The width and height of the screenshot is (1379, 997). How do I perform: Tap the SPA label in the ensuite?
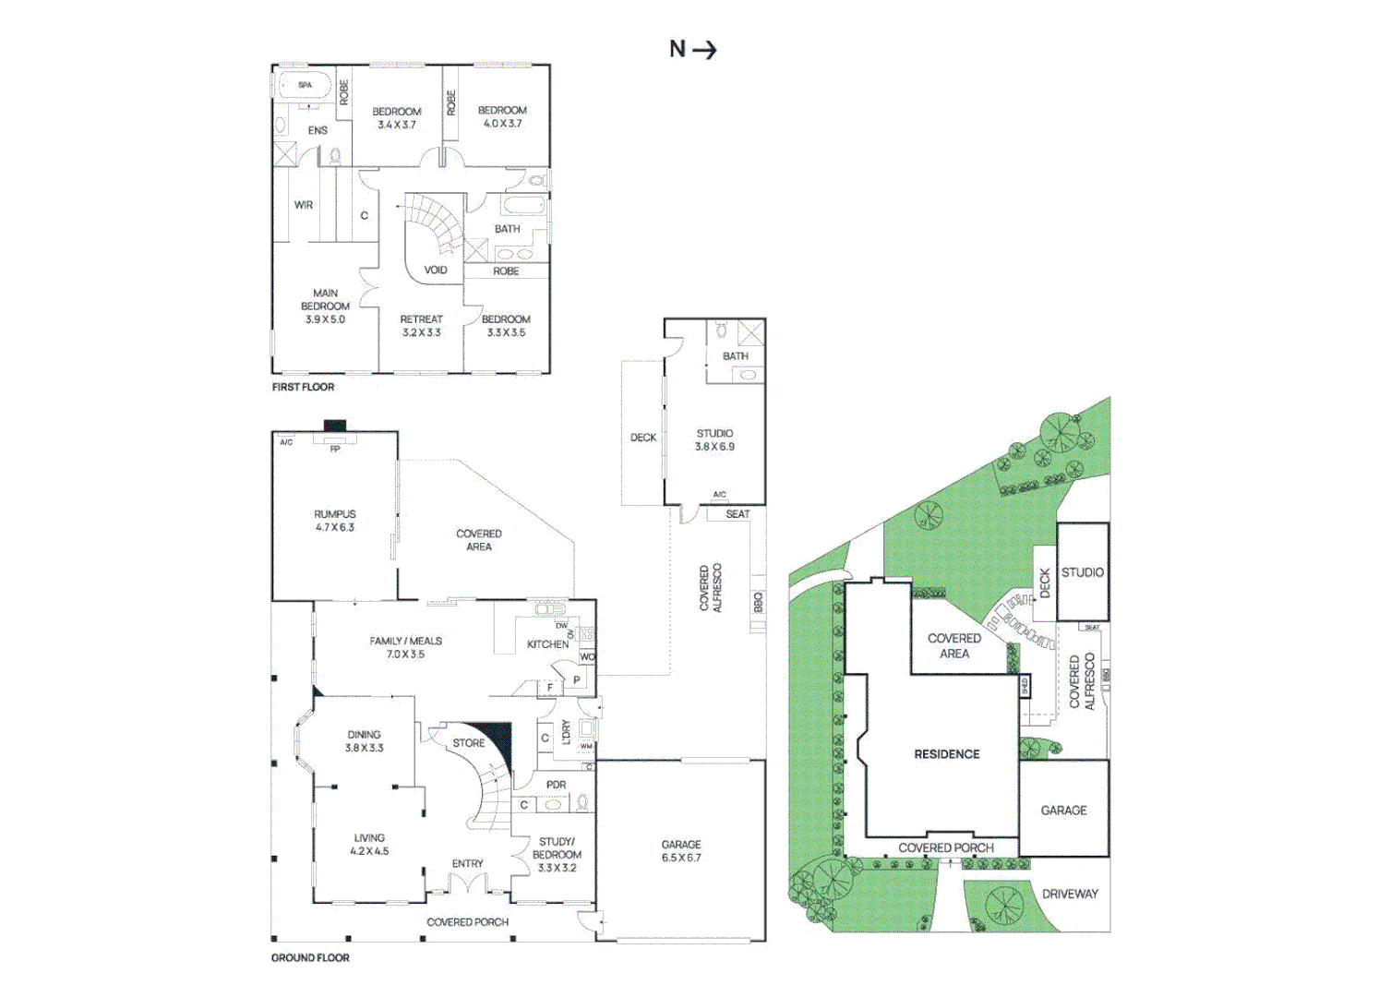pos(305,85)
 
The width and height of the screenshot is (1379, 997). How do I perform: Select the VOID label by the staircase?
pos(436,270)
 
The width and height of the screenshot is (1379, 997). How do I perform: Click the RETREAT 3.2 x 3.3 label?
pos(421,326)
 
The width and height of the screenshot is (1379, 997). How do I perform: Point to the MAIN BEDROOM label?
pos(325,306)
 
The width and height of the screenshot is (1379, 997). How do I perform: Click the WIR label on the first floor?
pos(303,205)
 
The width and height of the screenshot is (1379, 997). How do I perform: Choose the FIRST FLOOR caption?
pos(303,387)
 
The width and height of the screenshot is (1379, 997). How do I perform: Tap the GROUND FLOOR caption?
pos(310,958)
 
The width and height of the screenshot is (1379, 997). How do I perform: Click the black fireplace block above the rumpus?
pos(335,426)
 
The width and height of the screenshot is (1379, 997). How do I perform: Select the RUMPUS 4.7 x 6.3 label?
pos(334,521)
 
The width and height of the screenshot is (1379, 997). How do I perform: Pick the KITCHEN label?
pos(547,644)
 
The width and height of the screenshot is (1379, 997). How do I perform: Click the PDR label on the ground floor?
pos(556,785)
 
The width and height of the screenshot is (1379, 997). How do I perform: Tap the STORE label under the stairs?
pos(469,743)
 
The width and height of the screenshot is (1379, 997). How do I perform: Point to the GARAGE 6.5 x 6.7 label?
pos(681,851)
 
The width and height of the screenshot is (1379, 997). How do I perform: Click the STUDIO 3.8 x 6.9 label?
pos(715,439)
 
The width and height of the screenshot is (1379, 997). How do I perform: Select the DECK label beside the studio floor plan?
pos(643,438)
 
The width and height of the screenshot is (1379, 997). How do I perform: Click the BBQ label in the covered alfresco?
pos(759,601)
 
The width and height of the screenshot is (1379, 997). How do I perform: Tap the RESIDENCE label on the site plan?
pos(947,754)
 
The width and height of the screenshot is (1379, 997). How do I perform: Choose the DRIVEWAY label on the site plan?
pos(1070,894)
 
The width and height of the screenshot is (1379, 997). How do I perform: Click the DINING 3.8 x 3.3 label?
pos(365,741)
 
